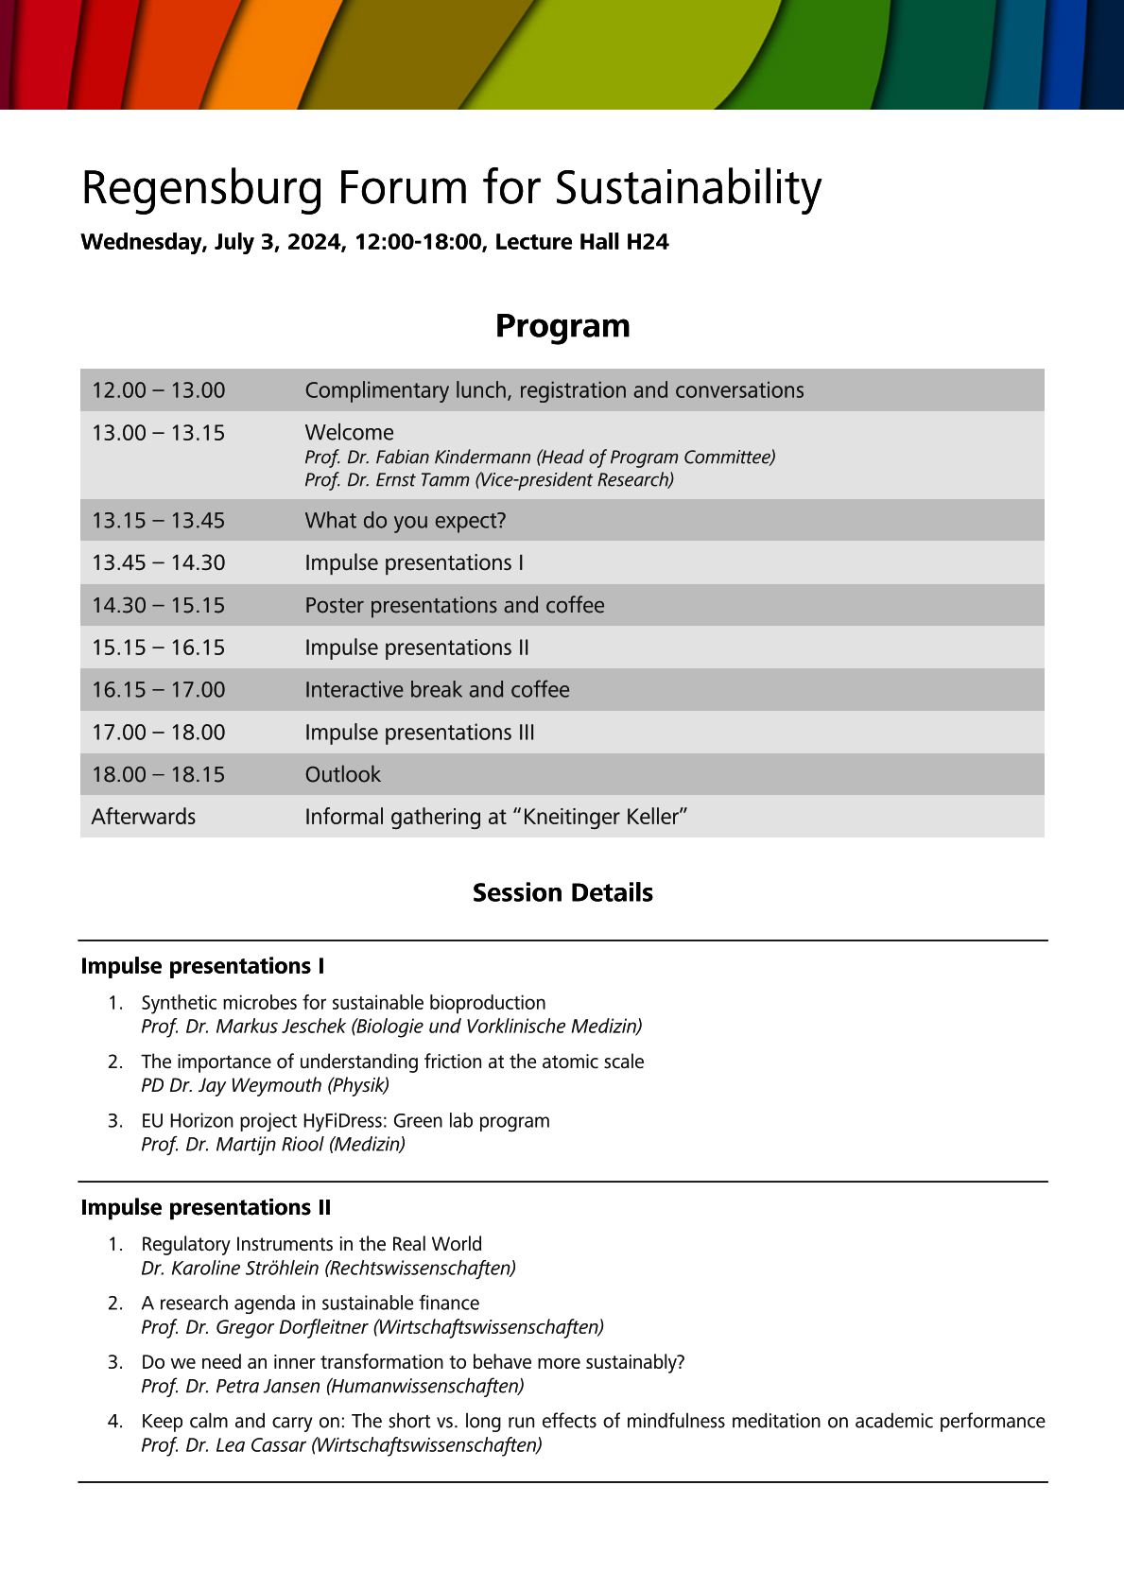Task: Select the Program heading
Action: point(562,326)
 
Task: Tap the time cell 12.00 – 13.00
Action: point(159,390)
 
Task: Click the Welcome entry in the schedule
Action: point(349,433)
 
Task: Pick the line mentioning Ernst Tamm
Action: point(489,480)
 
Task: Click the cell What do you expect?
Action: point(406,521)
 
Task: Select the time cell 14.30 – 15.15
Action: point(159,605)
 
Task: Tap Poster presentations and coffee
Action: point(455,605)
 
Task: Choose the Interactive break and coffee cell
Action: point(437,690)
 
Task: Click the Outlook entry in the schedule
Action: point(342,775)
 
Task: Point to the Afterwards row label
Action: point(144,817)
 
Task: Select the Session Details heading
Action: point(562,893)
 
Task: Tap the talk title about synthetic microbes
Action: point(343,1003)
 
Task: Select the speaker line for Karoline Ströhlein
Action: point(328,1268)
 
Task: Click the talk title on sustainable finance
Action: point(310,1304)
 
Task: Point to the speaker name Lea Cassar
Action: point(261,1445)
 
